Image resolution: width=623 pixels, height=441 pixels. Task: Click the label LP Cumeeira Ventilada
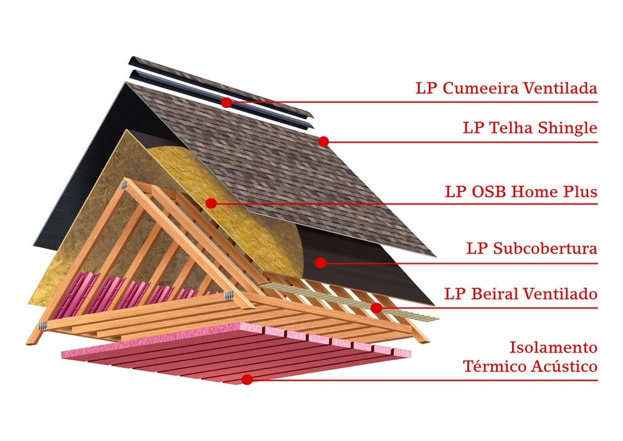506,89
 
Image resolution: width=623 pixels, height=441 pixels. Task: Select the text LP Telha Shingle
530,128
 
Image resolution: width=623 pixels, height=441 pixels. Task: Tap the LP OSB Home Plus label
521,192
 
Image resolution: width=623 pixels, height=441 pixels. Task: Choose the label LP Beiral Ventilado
521,294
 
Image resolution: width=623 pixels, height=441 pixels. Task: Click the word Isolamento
553,347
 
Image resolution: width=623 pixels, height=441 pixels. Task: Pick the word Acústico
565,367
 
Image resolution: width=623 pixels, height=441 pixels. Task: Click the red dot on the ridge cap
226,102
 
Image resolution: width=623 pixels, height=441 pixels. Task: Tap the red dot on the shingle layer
323,142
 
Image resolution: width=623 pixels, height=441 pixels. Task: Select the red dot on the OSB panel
211,203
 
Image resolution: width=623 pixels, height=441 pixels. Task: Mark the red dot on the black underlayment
320,263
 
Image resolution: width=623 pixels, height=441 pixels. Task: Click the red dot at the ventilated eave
376,308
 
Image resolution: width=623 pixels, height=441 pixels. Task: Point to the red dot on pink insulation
247,379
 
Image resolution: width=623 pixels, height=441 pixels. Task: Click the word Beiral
490,294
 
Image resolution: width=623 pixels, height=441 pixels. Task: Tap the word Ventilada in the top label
564,89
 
